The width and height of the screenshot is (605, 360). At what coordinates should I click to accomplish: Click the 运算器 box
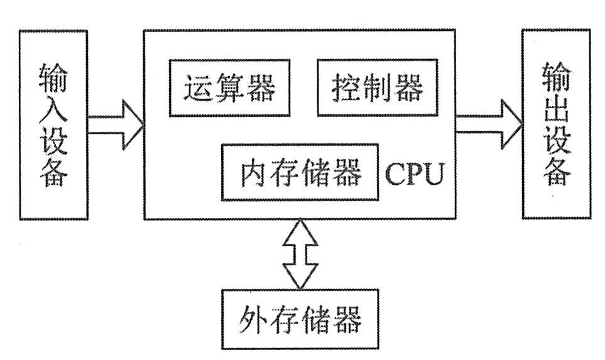click(230, 88)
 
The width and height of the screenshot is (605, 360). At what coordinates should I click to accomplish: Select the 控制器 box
click(378, 88)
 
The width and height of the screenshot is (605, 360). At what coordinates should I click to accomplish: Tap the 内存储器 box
click(301, 172)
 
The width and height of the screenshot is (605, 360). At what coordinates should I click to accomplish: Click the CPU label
click(414, 174)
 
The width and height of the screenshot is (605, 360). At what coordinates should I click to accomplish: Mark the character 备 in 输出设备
click(557, 171)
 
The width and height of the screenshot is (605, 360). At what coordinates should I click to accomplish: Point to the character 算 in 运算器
click(230, 89)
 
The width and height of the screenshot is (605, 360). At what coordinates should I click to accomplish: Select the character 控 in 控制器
click(347, 89)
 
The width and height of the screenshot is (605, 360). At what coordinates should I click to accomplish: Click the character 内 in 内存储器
click(256, 173)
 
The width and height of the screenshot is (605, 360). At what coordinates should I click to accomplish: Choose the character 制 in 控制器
click(378, 89)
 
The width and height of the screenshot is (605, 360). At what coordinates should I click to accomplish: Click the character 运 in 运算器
click(199, 89)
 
